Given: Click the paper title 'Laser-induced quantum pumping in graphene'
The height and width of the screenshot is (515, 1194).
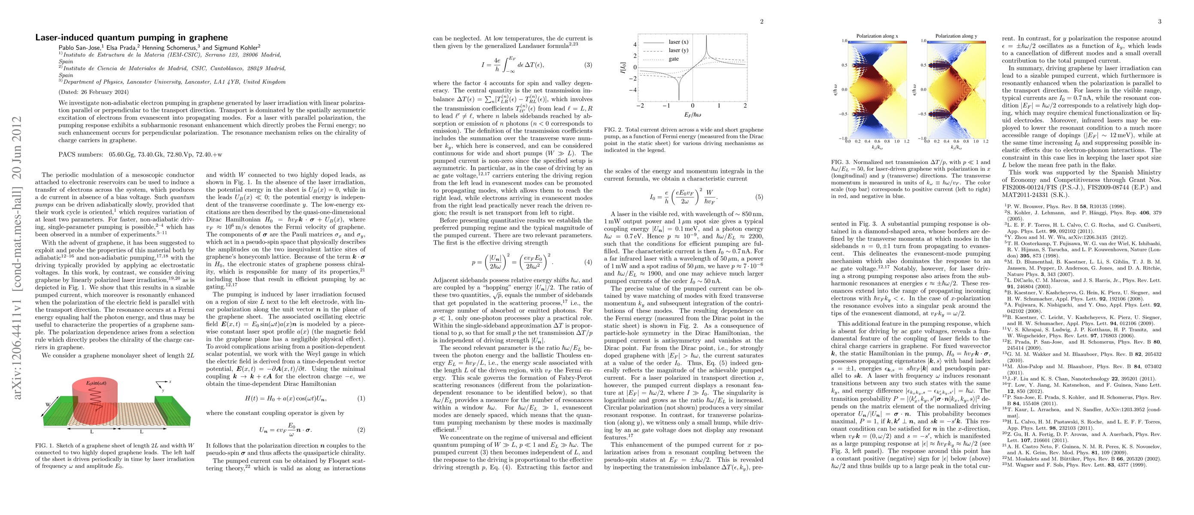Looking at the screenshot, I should pos(131,37).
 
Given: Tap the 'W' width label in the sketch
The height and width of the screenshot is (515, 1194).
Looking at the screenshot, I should pos(48,404).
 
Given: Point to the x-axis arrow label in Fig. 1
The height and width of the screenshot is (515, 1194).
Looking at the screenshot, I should pos(170,382).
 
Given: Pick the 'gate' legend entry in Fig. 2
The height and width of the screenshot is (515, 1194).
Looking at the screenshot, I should pos(674,59).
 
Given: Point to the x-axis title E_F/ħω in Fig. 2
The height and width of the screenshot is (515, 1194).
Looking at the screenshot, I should pos(692,115).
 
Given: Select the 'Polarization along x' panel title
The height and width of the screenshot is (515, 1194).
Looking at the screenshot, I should pos(877,36).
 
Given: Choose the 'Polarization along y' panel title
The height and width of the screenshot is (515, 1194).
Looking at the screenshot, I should pos(956,36).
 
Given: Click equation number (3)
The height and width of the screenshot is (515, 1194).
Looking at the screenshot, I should pos(588,65).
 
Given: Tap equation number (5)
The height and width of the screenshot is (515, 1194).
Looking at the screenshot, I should pos(759,197).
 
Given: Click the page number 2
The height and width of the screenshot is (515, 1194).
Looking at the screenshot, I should pos(762,21).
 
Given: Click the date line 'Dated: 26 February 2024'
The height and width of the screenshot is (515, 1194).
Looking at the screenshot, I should pos(94,92).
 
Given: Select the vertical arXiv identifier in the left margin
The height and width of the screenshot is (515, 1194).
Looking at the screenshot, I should pos(17,257).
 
